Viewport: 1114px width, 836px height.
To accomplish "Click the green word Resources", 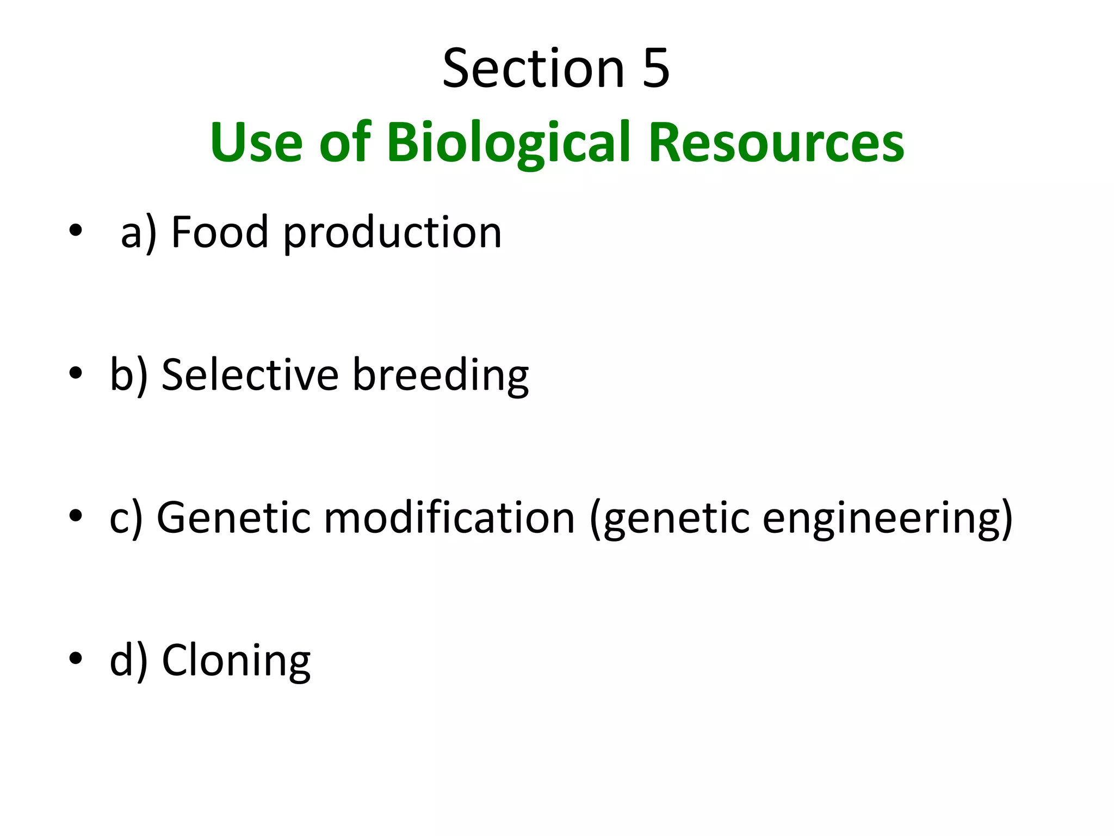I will point(776,143).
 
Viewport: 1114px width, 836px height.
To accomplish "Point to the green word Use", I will point(256,143).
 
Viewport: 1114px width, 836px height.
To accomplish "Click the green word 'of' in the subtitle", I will point(345,143).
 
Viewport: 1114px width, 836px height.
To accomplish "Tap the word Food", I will point(220,232).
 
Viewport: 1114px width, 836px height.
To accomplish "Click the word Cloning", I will point(236,661).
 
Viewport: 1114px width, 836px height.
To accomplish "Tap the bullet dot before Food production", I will point(76,231).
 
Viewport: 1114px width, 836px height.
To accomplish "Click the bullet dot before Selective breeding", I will point(76,373).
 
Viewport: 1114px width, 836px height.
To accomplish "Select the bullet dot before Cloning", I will point(76,659).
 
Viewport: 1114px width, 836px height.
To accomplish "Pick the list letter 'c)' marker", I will point(126,518).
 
